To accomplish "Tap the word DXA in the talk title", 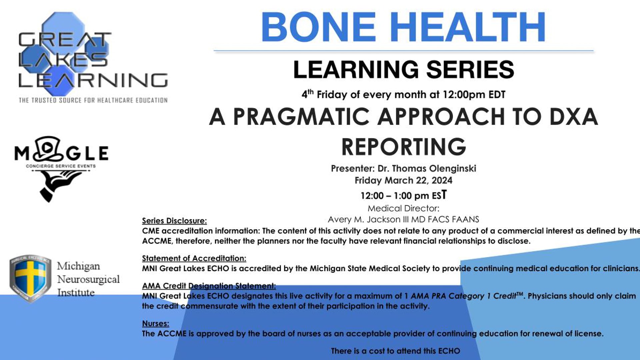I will [x=574, y=117].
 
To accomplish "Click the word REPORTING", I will [x=404, y=147].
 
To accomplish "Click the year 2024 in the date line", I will [x=442, y=180].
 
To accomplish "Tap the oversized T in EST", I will [x=444, y=194].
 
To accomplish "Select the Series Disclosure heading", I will [x=174, y=221].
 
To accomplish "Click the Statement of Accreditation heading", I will [x=194, y=258].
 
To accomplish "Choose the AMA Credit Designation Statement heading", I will [x=209, y=286].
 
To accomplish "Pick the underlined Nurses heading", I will [x=155, y=323].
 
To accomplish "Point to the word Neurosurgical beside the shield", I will [x=88, y=279].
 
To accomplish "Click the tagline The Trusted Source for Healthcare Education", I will [x=93, y=100].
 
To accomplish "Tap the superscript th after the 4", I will [x=311, y=92].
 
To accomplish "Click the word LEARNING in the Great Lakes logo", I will [x=93, y=80].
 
